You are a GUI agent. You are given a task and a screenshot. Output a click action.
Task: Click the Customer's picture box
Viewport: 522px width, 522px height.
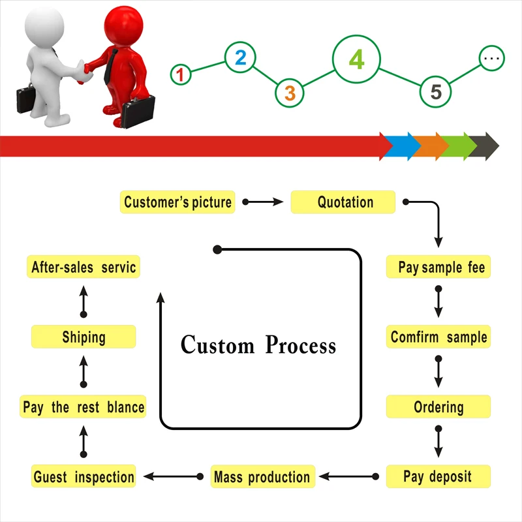click(x=177, y=202)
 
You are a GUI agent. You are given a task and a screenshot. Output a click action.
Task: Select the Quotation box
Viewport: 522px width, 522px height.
click(x=343, y=202)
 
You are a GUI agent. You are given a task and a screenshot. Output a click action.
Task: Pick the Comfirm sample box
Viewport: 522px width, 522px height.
click(x=438, y=337)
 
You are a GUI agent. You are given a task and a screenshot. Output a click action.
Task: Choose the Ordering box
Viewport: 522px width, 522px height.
click(x=438, y=407)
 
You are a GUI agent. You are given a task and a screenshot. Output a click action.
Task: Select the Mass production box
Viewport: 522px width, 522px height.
click(x=262, y=476)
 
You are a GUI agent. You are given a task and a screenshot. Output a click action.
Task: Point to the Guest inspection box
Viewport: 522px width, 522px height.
click(x=84, y=476)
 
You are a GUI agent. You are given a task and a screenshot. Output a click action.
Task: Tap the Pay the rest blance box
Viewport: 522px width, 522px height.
click(x=84, y=407)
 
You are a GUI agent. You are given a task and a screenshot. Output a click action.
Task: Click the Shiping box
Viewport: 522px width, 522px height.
click(x=84, y=337)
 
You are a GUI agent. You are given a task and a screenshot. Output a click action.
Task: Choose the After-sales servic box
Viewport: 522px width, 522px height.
click(x=84, y=268)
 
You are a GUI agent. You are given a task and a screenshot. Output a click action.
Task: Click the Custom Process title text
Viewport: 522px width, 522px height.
click(x=258, y=344)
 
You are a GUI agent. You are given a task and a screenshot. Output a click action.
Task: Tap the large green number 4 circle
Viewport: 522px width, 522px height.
click(x=356, y=59)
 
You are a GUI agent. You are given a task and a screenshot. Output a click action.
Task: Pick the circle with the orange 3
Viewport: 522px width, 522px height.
click(x=290, y=93)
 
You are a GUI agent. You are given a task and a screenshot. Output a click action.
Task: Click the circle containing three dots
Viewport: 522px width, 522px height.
click(x=492, y=58)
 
